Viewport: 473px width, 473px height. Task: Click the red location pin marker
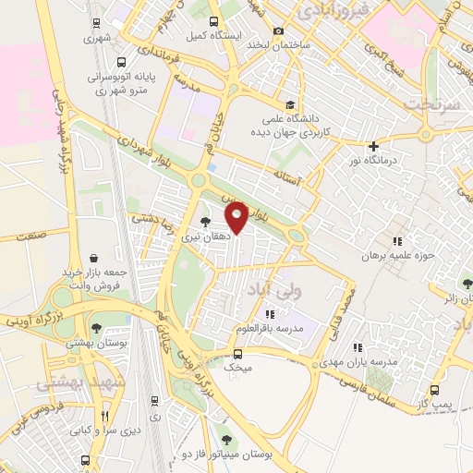pos(237,216)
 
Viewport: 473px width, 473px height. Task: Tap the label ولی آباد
pos(269,290)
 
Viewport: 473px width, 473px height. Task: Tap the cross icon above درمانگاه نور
pos(373,146)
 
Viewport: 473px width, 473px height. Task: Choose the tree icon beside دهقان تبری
pos(204,222)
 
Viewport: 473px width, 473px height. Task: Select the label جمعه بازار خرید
pos(91,273)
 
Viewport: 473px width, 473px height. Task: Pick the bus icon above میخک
pos(238,353)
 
